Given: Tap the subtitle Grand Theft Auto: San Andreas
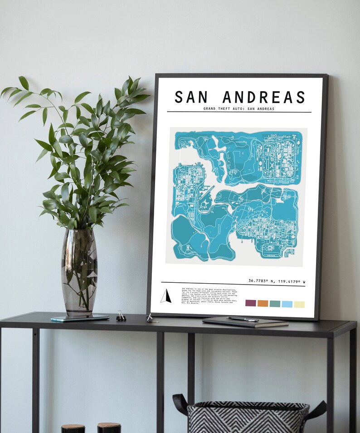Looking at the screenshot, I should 239,108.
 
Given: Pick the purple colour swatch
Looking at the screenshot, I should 251,303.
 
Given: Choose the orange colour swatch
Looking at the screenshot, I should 263,303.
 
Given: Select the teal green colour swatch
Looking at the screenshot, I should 275,304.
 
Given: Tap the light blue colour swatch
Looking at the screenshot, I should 287,304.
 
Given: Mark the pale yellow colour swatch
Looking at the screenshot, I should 299,305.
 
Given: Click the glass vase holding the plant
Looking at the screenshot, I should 79,272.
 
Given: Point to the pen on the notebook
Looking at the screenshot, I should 243,319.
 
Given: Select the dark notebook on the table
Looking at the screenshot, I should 245,323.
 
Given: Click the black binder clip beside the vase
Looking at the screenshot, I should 121,316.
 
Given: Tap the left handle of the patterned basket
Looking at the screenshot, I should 180,403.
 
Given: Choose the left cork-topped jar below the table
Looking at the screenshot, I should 73,428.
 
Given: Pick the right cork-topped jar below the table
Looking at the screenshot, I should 109,428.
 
